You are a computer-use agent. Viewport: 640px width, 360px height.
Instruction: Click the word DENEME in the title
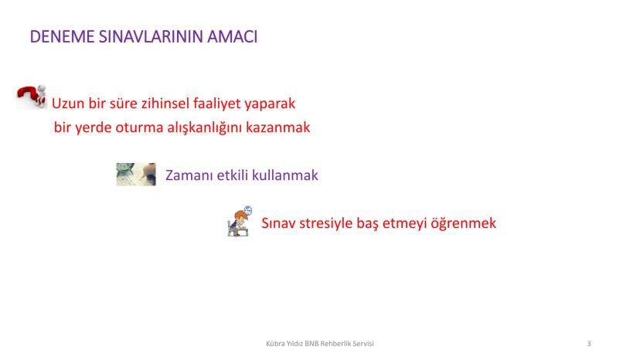[x=63, y=37]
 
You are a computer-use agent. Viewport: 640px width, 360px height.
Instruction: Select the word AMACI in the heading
[x=232, y=37]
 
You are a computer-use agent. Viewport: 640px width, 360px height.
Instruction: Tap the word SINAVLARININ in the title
[x=151, y=37]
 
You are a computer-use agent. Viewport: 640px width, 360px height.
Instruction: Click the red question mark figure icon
[x=32, y=97]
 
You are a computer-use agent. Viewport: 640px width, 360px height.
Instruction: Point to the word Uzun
[x=68, y=104]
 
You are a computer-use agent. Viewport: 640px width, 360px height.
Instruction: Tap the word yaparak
[x=270, y=104]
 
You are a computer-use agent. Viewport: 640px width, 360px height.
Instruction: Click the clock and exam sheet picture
[x=136, y=175]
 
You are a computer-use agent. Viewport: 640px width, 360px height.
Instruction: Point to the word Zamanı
[x=189, y=175]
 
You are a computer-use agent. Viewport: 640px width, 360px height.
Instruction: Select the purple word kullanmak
[x=285, y=175]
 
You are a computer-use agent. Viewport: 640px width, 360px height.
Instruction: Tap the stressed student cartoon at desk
[x=240, y=221]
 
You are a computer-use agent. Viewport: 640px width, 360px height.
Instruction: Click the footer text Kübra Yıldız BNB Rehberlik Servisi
[x=320, y=344]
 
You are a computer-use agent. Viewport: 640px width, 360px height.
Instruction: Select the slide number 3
[x=588, y=344]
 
